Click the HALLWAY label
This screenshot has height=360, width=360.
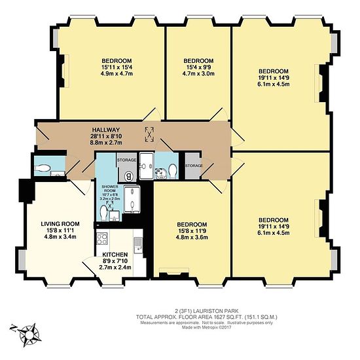(x=106, y=130)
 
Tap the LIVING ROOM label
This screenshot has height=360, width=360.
(x=60, y=224)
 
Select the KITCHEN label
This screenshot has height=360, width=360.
(x=115, y=255)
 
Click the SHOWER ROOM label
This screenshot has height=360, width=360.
(x=110, y=189)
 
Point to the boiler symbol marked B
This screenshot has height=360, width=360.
(x=129, y=177)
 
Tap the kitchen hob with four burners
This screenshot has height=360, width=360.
(x=102, y=238)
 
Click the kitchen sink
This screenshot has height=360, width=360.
(x=138, y=245)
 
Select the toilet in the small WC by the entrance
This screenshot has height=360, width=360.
(x=43, y=168)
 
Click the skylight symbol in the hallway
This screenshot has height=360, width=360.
(x=149, y=135)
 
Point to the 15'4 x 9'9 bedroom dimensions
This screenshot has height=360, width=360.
(x=198, y=67)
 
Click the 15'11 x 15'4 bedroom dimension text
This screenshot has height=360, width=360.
(x=117, y=67)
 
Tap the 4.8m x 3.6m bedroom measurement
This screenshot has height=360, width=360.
(x=192, y=237)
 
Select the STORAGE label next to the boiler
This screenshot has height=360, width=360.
(x=127, y=160)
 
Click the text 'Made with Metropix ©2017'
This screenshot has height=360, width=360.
(x=207, y=327)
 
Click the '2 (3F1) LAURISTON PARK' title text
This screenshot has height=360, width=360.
(x=207, y=312)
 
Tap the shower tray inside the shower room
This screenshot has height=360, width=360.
(x=132, y=199)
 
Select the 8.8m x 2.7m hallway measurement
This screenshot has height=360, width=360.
(x=106, y=143)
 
